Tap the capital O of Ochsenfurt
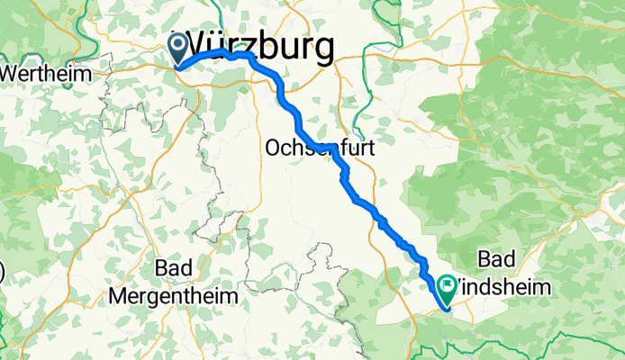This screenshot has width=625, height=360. point(274,147)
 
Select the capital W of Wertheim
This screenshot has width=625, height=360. point(12,73)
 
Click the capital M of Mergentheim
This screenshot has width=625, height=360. point(119,295)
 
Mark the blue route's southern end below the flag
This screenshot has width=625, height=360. point(446,310)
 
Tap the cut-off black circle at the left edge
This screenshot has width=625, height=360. point(2,270)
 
